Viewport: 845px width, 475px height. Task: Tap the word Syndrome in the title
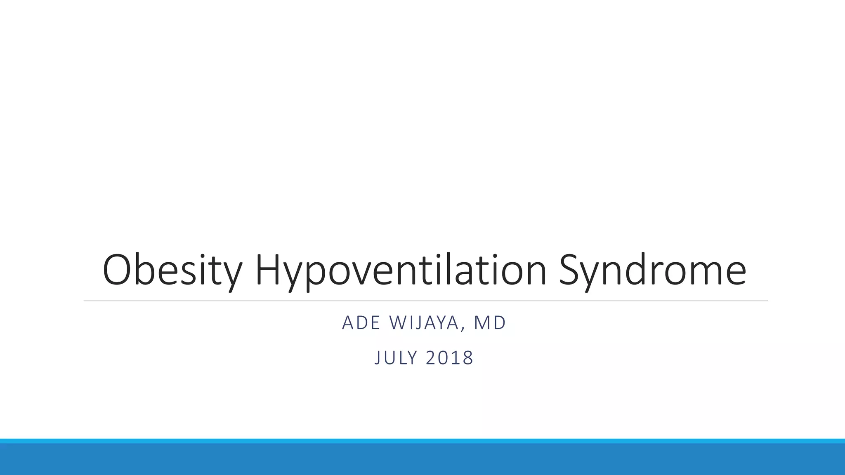[x=652, y=270]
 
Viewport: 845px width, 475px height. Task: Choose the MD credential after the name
[x=490, y=323]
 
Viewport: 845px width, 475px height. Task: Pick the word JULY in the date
[x=394, y=357]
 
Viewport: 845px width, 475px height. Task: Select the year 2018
[x=449, y=357]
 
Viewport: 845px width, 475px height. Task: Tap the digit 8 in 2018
[x=468, y=357]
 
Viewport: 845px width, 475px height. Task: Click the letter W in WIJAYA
[x=397, y=323]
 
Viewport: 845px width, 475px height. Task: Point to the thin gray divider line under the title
[x=425, y=301]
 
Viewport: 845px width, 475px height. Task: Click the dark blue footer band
[x=422, y=460]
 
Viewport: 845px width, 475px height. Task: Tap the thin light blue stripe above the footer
[x=422, y=441]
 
